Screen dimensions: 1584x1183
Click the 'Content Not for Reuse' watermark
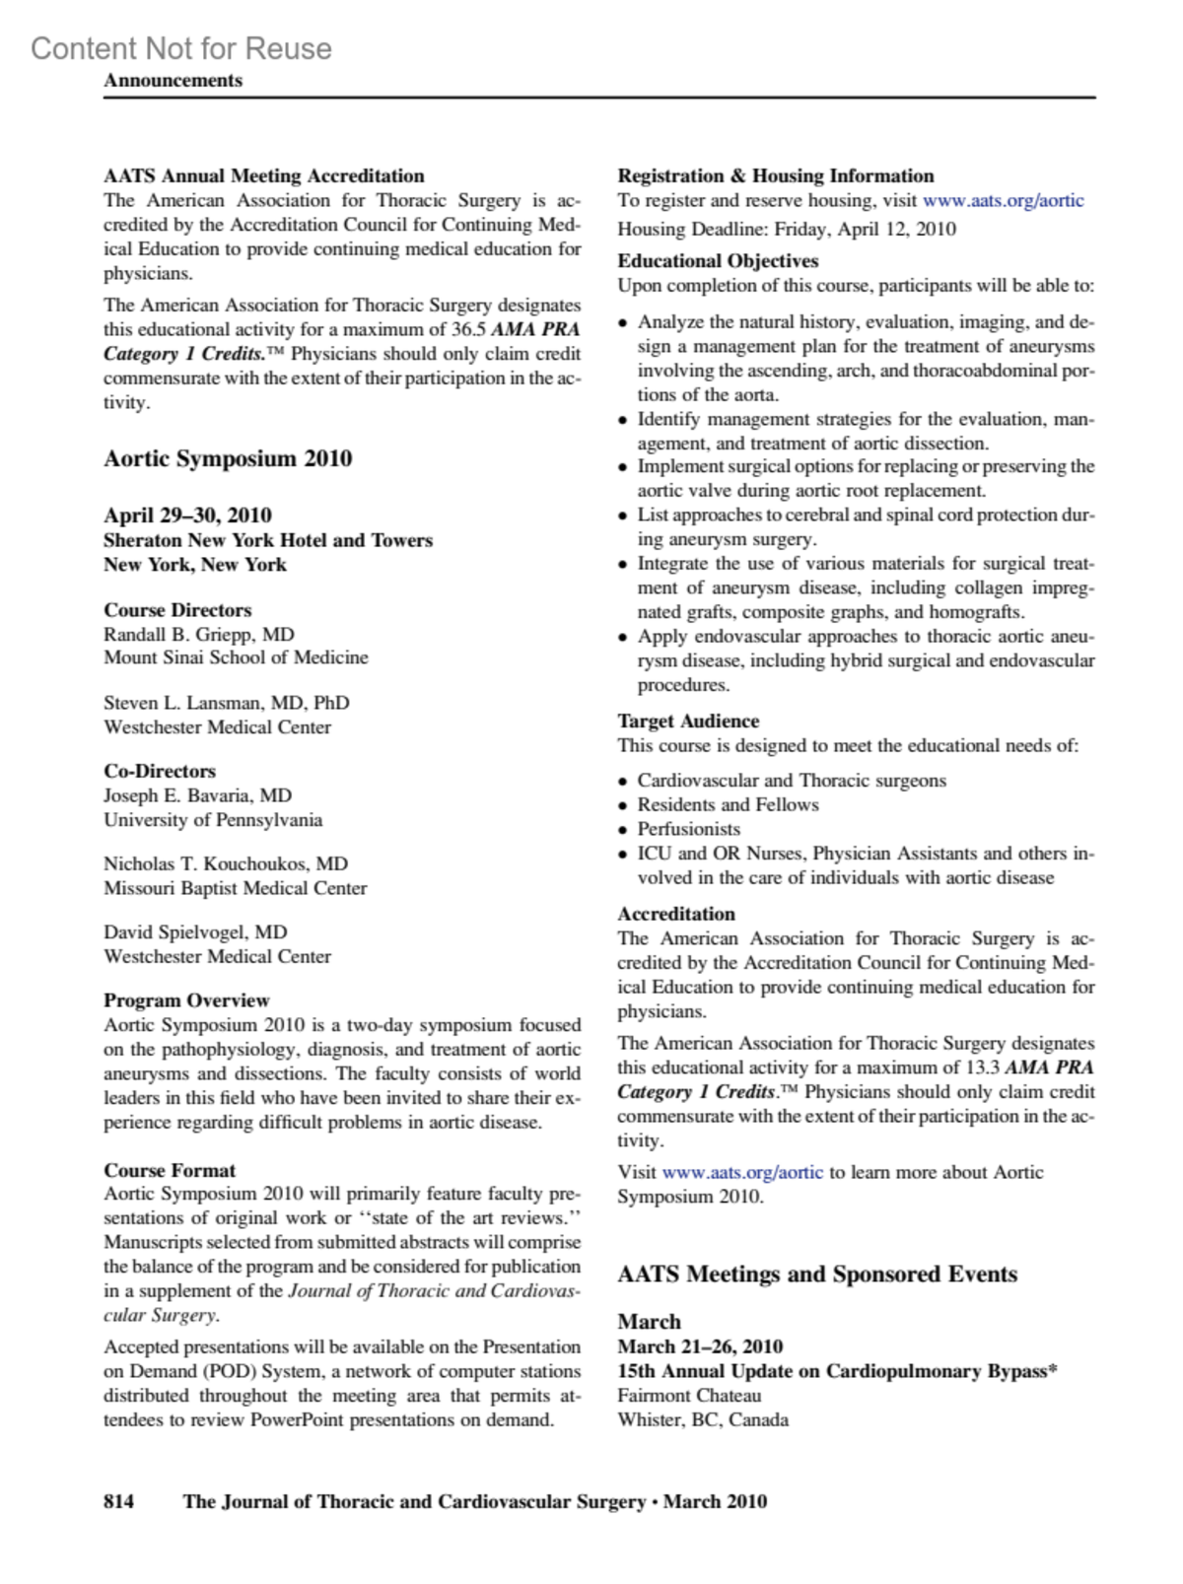coord(181,48)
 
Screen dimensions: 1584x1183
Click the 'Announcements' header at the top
coord(173,81)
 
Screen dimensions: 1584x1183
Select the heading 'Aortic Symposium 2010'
coord(228,458)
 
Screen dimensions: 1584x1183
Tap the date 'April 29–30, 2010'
coord(187,515)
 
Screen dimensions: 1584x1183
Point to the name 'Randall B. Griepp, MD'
coord(199,634)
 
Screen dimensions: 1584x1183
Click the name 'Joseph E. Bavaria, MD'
coord(197,794)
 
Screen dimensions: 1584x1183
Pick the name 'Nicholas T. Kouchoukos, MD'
coord(226,863)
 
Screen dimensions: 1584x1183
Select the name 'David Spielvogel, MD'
coord(195,931)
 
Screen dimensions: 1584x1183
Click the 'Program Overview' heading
coord(186,999)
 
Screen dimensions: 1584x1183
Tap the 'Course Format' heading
coord(170,1170)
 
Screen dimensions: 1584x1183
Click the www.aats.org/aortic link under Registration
coord(1003,200)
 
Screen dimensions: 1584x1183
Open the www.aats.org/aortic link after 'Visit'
coord(742,1172)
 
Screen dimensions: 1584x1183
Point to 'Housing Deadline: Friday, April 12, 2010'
coord(787,229)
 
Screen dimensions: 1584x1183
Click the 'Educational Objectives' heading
coord(718,260)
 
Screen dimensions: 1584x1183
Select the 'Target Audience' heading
coord(688,721)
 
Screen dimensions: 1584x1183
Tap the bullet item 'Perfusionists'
coord(688,829)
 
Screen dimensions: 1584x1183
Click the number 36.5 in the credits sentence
coord(468,329)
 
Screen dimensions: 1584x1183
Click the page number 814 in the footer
coord(118,1501)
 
